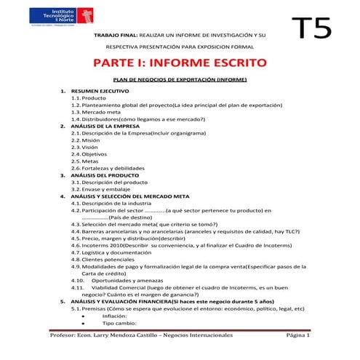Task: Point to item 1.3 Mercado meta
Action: (101, 112)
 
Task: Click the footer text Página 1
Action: (298, 336)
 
